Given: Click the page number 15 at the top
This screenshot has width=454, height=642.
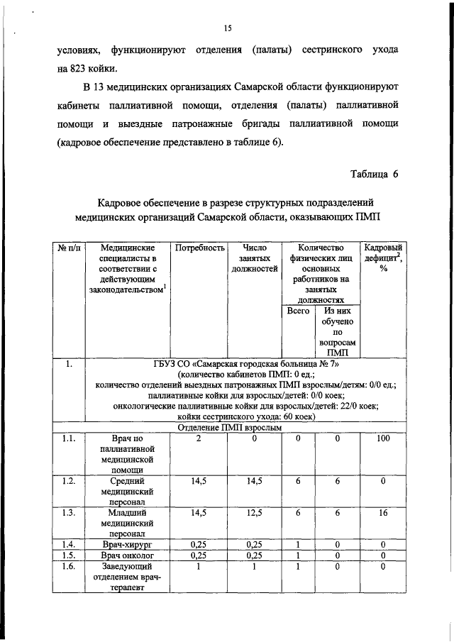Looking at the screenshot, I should [228, 28].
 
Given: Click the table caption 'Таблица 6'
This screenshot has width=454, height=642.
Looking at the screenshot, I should [375, 174].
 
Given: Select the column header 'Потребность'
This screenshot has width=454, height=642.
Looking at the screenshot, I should [199, 248].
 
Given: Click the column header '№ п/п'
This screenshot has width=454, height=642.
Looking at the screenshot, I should [68, 248].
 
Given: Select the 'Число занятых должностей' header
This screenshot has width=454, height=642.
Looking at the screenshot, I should [253, 258].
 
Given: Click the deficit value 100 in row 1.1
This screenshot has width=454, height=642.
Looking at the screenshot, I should [383, 439].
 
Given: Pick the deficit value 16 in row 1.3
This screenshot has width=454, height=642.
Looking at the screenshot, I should [383, 513].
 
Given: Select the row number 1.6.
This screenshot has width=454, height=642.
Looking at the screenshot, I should [68, 567].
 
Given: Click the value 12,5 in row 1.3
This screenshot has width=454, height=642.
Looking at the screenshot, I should [253, 513].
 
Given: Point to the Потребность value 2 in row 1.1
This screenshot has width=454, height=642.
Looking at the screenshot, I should [199, 439].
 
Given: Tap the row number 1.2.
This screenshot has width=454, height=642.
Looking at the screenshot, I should [68, 481].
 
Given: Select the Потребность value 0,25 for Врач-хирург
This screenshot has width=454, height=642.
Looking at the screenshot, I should [199, 544].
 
